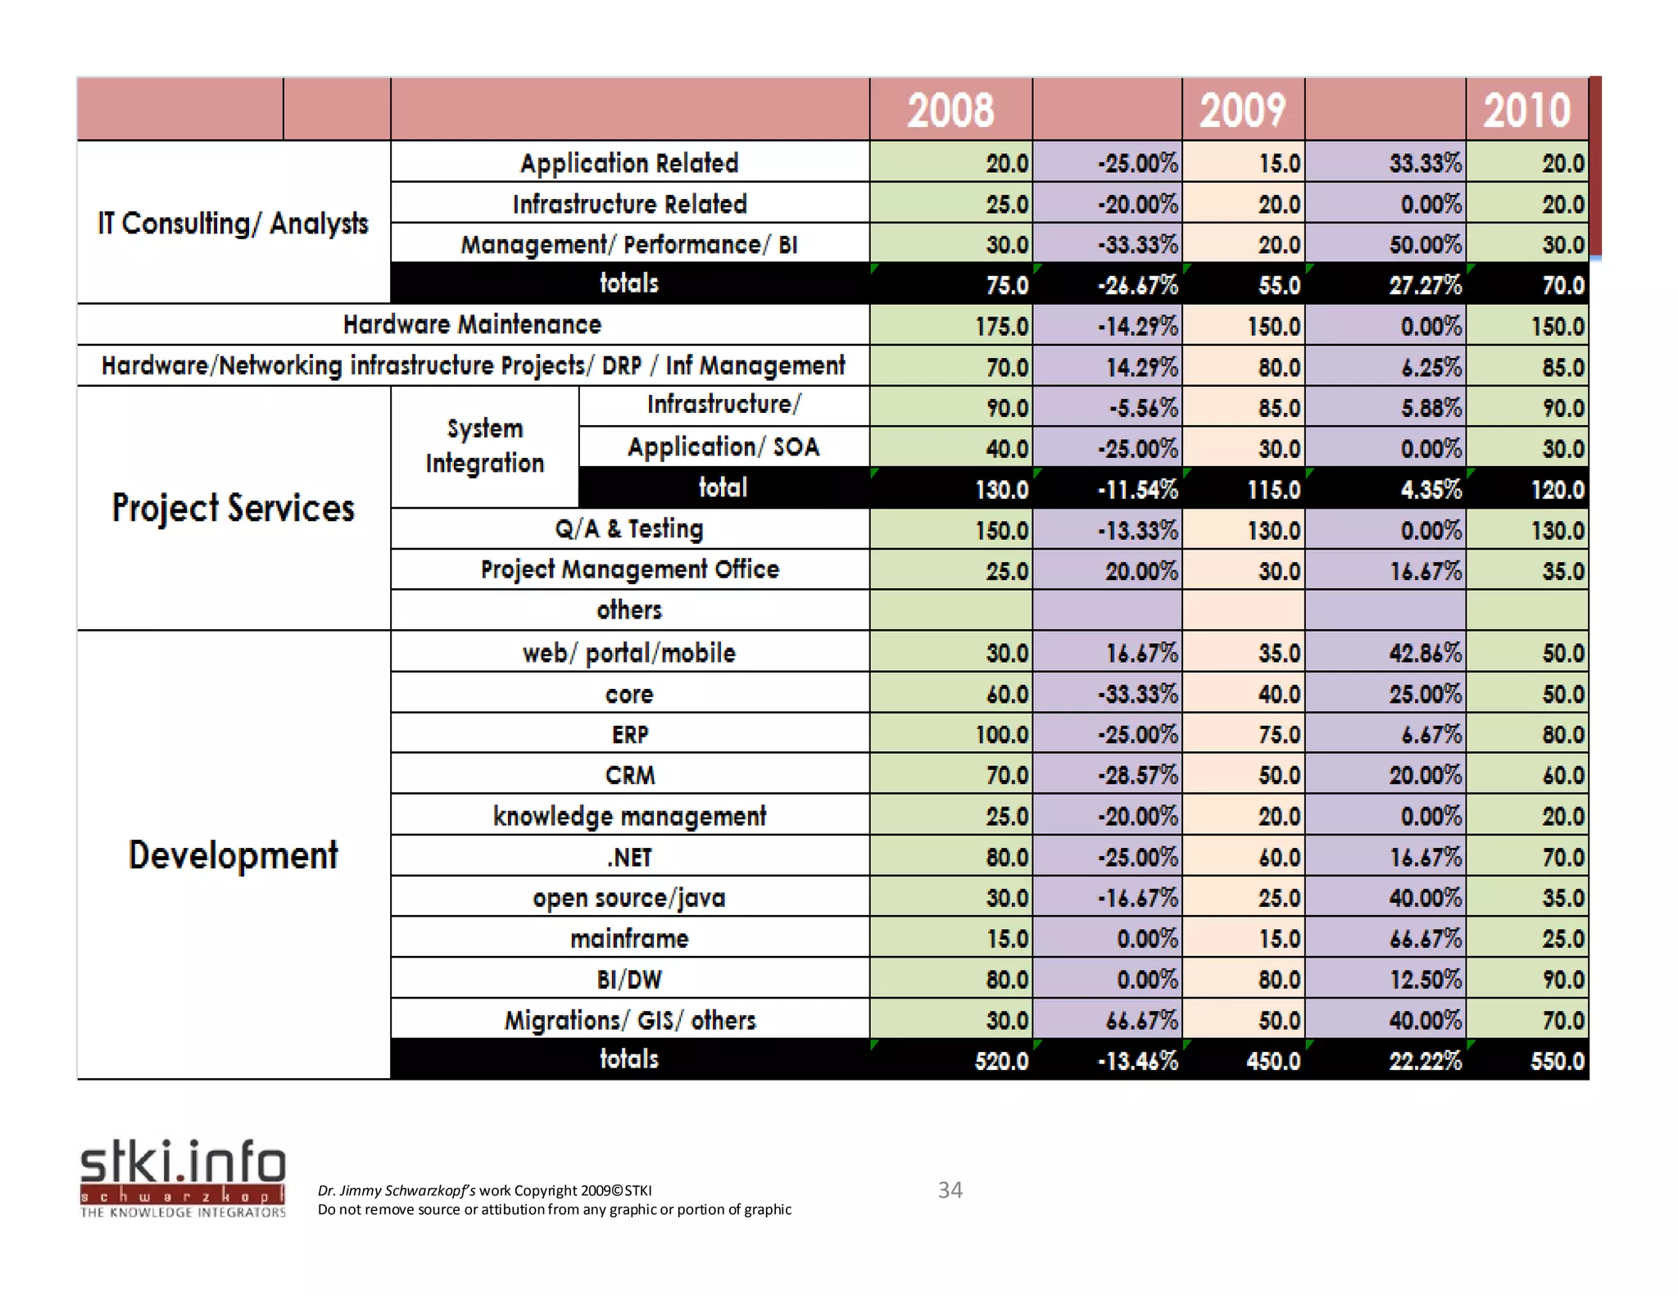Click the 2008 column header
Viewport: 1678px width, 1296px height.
[x=950, y=111]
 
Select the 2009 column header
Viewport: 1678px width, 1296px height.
[x=1242, y=111]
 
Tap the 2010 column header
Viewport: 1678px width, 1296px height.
[x=1526, y=111]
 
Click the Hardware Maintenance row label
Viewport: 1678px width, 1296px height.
[x=472, y=325]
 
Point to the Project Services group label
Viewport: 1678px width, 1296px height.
[x=234, y=508]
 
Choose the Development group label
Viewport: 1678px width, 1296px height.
[x=234, y=855]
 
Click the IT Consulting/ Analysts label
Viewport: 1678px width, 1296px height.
[x=234, y=223]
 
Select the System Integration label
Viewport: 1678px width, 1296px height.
[x=484, y=446]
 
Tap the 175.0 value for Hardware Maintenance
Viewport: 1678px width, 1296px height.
[x=1001, y=327]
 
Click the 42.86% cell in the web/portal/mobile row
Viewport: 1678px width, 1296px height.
[x=1425, y=654]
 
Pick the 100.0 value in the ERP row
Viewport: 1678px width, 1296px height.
[x=1001, y=735]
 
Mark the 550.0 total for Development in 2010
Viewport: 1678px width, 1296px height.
[x=1557, y=1062]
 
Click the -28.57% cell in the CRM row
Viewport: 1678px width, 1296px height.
[x=1137, y=776]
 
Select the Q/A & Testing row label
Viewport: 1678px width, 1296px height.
[x=629, y=529]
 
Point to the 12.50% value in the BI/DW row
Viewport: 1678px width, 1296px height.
[x=1425, y=980]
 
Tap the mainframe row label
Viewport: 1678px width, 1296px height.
[x=629, y=939]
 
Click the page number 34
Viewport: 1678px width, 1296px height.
[x=950, y=1190]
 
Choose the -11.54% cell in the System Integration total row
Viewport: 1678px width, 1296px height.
[x=1137, y=490]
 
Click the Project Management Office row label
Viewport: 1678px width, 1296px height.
[x=629, y=570]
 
